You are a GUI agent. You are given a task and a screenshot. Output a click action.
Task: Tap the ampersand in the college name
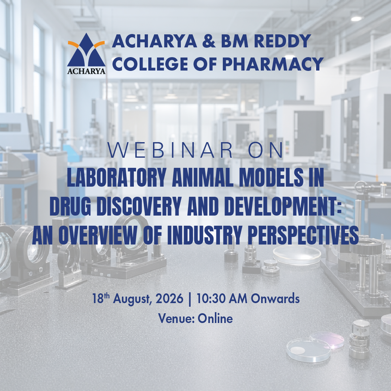pyautogui.click(x=209, y=41)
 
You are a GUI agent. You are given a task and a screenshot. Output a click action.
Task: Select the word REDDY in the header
pyautogui.click(x=282, y=41)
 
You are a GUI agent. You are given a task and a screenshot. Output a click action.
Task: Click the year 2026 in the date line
pyautogui.click(x=169, y=298)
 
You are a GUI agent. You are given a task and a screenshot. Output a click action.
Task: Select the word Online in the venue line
pyautogui.click(x=215, y=318)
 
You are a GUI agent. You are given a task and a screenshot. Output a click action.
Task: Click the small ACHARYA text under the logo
pyautogui.click(x=86, y=71)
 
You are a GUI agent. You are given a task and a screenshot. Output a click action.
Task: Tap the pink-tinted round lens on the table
pyautogui.click(x=327, y=340)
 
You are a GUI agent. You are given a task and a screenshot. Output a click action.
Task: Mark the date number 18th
pyautogui.click(x=101, y=298)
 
